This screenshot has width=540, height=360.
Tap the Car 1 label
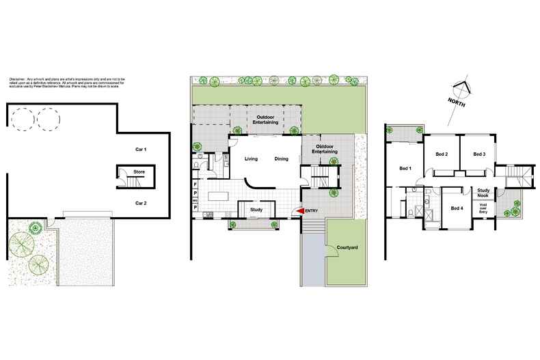[141, 149]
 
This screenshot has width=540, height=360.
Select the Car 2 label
[141, 204]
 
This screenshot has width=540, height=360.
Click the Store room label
[139, 171]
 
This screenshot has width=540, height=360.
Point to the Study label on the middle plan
[257, 210]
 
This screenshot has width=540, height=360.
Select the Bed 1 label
[405, 168]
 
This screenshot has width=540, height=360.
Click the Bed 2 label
[441, 154]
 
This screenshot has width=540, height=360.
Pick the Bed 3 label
[479, 154]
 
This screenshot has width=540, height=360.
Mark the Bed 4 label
[457, 208]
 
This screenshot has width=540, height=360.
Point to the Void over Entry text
[483, 208]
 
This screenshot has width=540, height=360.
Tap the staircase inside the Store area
[131, 182]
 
